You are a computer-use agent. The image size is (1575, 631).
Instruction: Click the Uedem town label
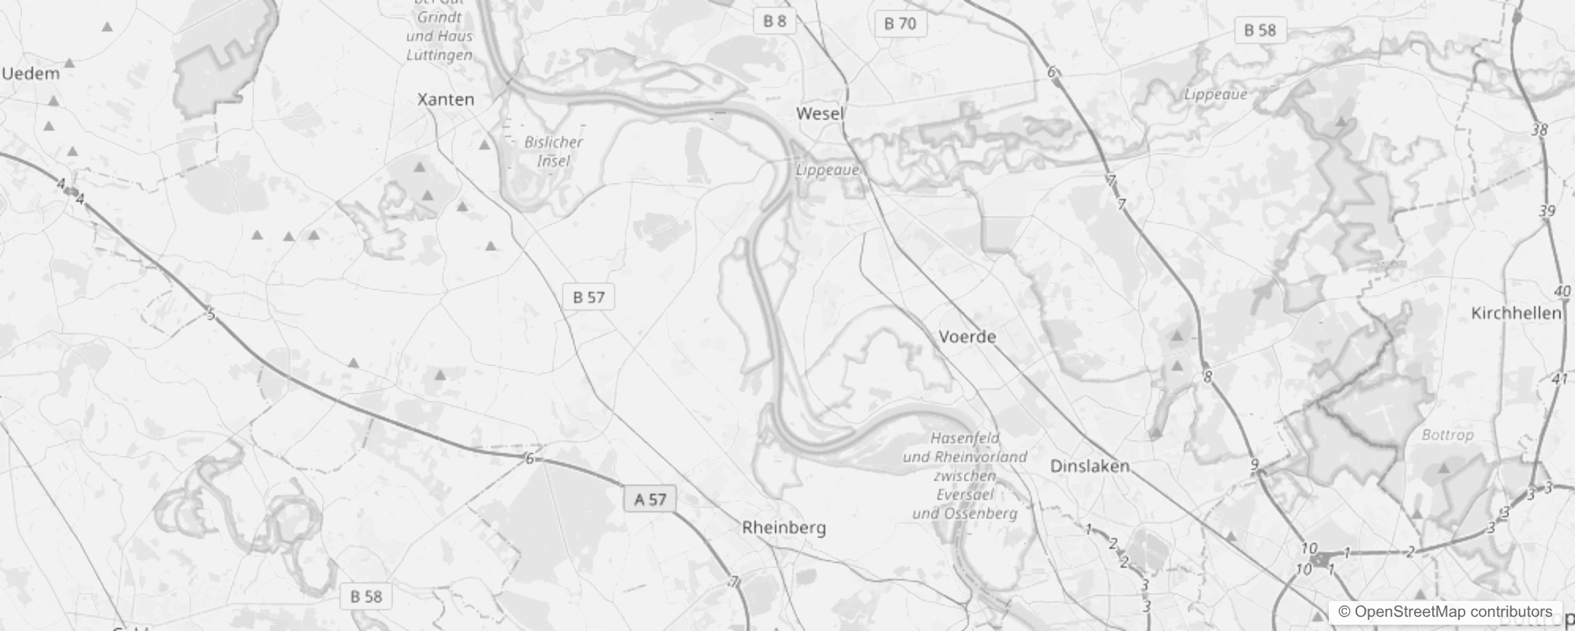click(31, 74)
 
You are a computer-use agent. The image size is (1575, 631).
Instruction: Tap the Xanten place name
click(446, 99)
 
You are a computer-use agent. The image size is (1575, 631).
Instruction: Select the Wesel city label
click(820, 114)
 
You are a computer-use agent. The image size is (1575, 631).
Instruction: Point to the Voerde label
click(967, 337)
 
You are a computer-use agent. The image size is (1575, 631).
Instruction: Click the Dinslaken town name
click(1090, 466)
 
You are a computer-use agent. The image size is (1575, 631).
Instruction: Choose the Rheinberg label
click(784, 528)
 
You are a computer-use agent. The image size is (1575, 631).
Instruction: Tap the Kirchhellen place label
click(1516, 313)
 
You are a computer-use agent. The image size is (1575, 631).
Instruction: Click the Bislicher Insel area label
click(553, 151)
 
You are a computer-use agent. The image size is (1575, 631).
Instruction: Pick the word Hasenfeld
click(964, 438)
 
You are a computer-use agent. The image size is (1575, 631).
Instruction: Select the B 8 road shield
click(774, 21)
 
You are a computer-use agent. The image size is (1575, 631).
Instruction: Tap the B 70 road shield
click(900, 24)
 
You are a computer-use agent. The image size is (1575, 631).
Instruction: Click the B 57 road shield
click(589, 297)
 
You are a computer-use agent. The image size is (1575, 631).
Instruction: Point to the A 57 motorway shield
click(650, 499)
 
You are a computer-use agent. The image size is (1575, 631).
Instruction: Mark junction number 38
click(1539, 130)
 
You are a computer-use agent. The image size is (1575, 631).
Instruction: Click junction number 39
click(1547, 211)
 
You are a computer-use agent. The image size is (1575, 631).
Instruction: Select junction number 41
click(1559, 379)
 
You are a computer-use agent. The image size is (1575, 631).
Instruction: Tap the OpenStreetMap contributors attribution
click(1445, 611)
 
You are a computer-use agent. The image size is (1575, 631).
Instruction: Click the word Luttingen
click(440, 54)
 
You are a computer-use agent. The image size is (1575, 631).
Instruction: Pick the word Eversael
click(964, 495)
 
